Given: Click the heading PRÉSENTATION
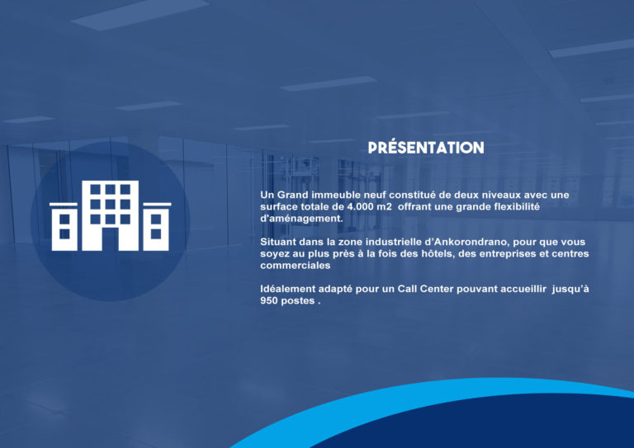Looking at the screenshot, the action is [426, 147].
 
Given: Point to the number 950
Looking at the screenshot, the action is [268, 300].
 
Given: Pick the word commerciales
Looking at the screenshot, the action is [296, 266].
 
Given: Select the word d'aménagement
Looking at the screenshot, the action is [301, 219].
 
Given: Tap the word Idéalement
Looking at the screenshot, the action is [288, 289].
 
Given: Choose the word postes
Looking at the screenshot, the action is [297, 301].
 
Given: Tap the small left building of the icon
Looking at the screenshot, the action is [64, 227].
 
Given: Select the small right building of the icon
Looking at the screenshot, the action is [157, 227].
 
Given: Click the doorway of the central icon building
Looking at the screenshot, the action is [110, 239].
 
